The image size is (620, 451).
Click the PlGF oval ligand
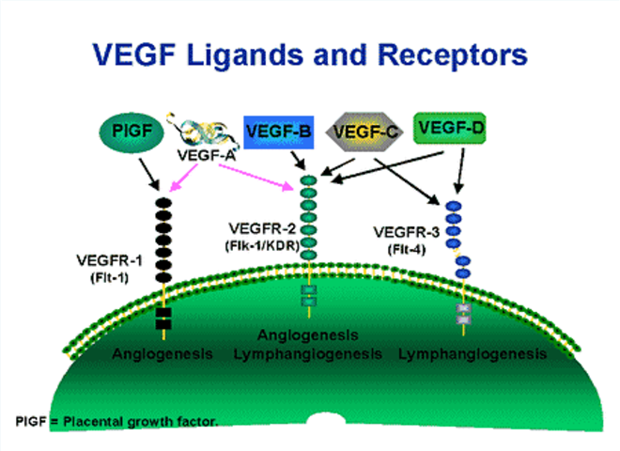pos(132,132)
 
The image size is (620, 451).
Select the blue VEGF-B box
pos(279,132)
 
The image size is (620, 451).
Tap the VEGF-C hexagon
pos(364,132)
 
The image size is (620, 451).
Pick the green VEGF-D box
pos(450,128)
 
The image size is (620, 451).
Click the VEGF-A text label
pos(207,155)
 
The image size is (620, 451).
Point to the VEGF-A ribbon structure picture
pos(203,131)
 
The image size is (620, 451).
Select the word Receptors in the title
pos(453,55)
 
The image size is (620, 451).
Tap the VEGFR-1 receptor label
pos(109,260)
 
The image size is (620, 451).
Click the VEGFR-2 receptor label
pos(262,228)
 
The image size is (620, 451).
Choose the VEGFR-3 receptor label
pos(407,232)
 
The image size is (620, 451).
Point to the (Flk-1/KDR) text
pos(262,245)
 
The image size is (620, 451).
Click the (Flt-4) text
pos(407,250)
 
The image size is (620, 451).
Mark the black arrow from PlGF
pos(149,175)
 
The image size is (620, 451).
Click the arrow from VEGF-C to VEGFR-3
pos(408,181)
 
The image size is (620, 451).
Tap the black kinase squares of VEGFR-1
pos(163,319)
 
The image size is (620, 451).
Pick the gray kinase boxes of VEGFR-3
pos(463,313)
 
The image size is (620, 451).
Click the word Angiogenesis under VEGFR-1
pos(163,353)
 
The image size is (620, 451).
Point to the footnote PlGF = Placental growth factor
pos(117,422)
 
